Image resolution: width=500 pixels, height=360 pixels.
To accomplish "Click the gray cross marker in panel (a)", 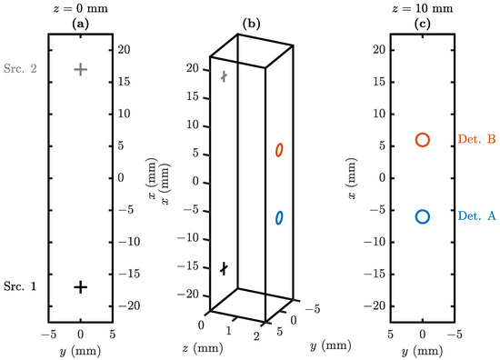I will tap(81, 69).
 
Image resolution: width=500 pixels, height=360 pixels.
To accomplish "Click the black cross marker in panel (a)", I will tap(81, 286).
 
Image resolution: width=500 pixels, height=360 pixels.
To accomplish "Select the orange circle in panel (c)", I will tap(423, 140).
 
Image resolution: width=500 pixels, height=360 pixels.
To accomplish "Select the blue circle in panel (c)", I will tap(423, 216).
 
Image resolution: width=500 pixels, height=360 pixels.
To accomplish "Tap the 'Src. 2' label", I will tap(20, 69).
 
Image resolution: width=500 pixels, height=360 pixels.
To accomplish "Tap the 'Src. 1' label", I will tap(20, 286).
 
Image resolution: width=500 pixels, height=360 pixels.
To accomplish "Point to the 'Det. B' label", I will tap(476, 140).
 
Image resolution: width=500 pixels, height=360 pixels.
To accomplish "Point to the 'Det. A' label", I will tap(476, 216).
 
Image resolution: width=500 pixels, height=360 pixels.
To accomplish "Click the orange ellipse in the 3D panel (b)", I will tap(280, 149).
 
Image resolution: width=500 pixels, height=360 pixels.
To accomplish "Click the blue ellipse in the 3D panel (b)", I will tap(280, 217).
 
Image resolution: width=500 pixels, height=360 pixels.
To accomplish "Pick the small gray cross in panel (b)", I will tap(225, 77).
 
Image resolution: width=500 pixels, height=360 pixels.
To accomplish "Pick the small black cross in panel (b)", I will tap(225, 268).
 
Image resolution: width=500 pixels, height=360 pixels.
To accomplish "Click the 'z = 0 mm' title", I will tap(81, 8).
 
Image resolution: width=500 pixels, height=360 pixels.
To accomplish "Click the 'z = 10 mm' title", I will tap(423, 8).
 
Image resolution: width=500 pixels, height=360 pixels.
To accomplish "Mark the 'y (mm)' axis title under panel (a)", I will tap(81, 350).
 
